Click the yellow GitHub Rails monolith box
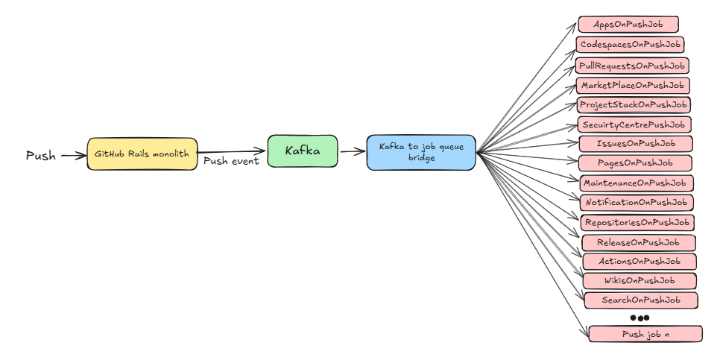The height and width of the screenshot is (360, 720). tap(142, 154)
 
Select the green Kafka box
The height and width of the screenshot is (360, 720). tap(303, 151)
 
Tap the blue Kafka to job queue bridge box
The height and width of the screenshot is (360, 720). tap(421, 152)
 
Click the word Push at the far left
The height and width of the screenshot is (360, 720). tap(41, 156)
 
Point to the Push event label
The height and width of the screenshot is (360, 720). tap(231, 161)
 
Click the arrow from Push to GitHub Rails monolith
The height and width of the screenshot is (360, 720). tap(74, 156)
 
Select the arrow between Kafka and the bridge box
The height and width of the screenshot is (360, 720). tap(353, 151)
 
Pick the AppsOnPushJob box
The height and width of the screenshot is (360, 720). tap(628, 25)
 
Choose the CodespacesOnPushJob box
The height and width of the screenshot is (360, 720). tap(630, 45)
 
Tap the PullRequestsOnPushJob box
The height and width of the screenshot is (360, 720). tap(632, 66)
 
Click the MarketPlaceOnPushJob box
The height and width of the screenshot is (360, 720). tap(633, 86)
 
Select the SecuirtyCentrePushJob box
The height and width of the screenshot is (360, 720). tap(634, 124)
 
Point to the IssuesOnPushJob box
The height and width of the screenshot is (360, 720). tap(636, 143)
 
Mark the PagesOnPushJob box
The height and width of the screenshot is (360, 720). tap(636, 162)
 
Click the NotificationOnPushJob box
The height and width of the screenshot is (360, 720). tap(637, 202)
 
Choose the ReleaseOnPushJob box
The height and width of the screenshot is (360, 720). tap(639, 242)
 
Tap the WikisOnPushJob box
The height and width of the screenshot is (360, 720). tap(640, 281)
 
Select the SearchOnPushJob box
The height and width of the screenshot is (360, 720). tap(641, 300)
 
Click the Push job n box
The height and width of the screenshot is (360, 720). tap(645, 334)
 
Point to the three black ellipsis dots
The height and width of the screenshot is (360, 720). tap(640, 318)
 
